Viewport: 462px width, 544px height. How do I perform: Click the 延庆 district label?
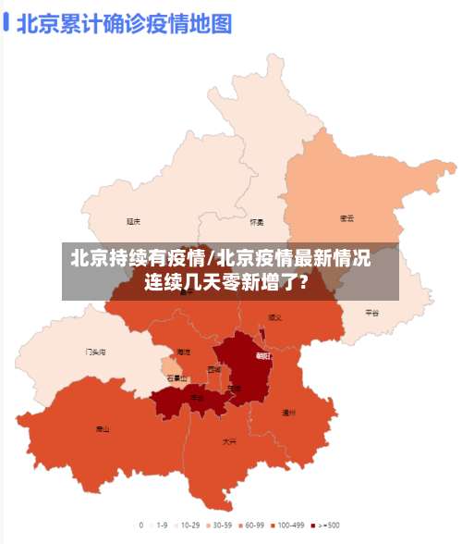pyautogui.click(x=134, y=221)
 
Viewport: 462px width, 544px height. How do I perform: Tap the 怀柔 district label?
pyautogui.click(x=257, y=222)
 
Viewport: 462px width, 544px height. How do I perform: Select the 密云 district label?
pyautogui.click(x=346, y=219)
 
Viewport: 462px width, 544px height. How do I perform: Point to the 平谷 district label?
pyautogui.click(x=371, y=313)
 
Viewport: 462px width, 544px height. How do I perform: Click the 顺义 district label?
pyautogui.click(x=274, y=316)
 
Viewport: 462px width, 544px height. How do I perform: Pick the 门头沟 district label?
pyautogui.click(x=95, y=352)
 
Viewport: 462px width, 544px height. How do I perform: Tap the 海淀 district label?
pyautogui.click(x=184, y=352)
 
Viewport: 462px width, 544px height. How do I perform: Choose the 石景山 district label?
pyautogui.click(x=176, y=377)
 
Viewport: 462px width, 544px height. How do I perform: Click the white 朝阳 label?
pyautogui.click(x=263, y=355)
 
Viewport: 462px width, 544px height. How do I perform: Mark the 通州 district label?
pyautogui.click(x=288, y=413)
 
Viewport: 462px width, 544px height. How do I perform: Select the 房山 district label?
pyautogui.click(x=103, y=429)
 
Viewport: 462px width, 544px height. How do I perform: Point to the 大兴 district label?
pyautogui.click(x=229, y=442)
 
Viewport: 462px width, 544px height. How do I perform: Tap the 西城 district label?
pyautogui.click(x=214, y=369)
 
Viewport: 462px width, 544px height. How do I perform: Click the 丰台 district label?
pyautogui.click(x=197, y=398)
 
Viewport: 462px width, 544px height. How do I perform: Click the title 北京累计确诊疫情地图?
pyautogui.click(x=124, y=22)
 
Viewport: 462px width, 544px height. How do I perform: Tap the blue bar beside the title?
pyautogui.click(x=7, y=22)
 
